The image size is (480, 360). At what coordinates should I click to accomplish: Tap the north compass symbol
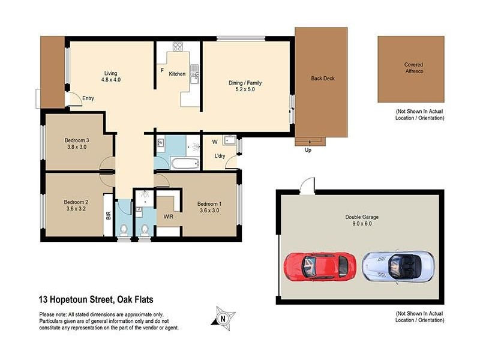[x=223, y=317]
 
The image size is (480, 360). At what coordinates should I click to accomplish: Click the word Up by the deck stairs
[x=308, y=150]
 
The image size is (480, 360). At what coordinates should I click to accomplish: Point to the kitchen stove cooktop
[x=178, y=47]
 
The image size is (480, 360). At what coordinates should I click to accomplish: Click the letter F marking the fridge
[x=162, y=70]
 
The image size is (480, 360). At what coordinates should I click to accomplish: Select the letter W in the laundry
[x=214, y=142]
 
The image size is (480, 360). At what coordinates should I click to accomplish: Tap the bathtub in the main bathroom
[x=184, y=163]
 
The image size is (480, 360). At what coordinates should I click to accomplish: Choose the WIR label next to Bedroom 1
[x=169, y=216]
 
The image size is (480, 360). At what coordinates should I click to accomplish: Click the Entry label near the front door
[x=88, y=98]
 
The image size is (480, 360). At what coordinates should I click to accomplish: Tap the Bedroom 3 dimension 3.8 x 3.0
[x=77, y=147]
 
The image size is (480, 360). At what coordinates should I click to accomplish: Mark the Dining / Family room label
[x=245, y=83]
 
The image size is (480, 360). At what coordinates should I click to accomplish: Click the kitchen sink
[x=193, y=75]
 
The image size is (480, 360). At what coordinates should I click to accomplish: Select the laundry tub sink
[x=229, y=141]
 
